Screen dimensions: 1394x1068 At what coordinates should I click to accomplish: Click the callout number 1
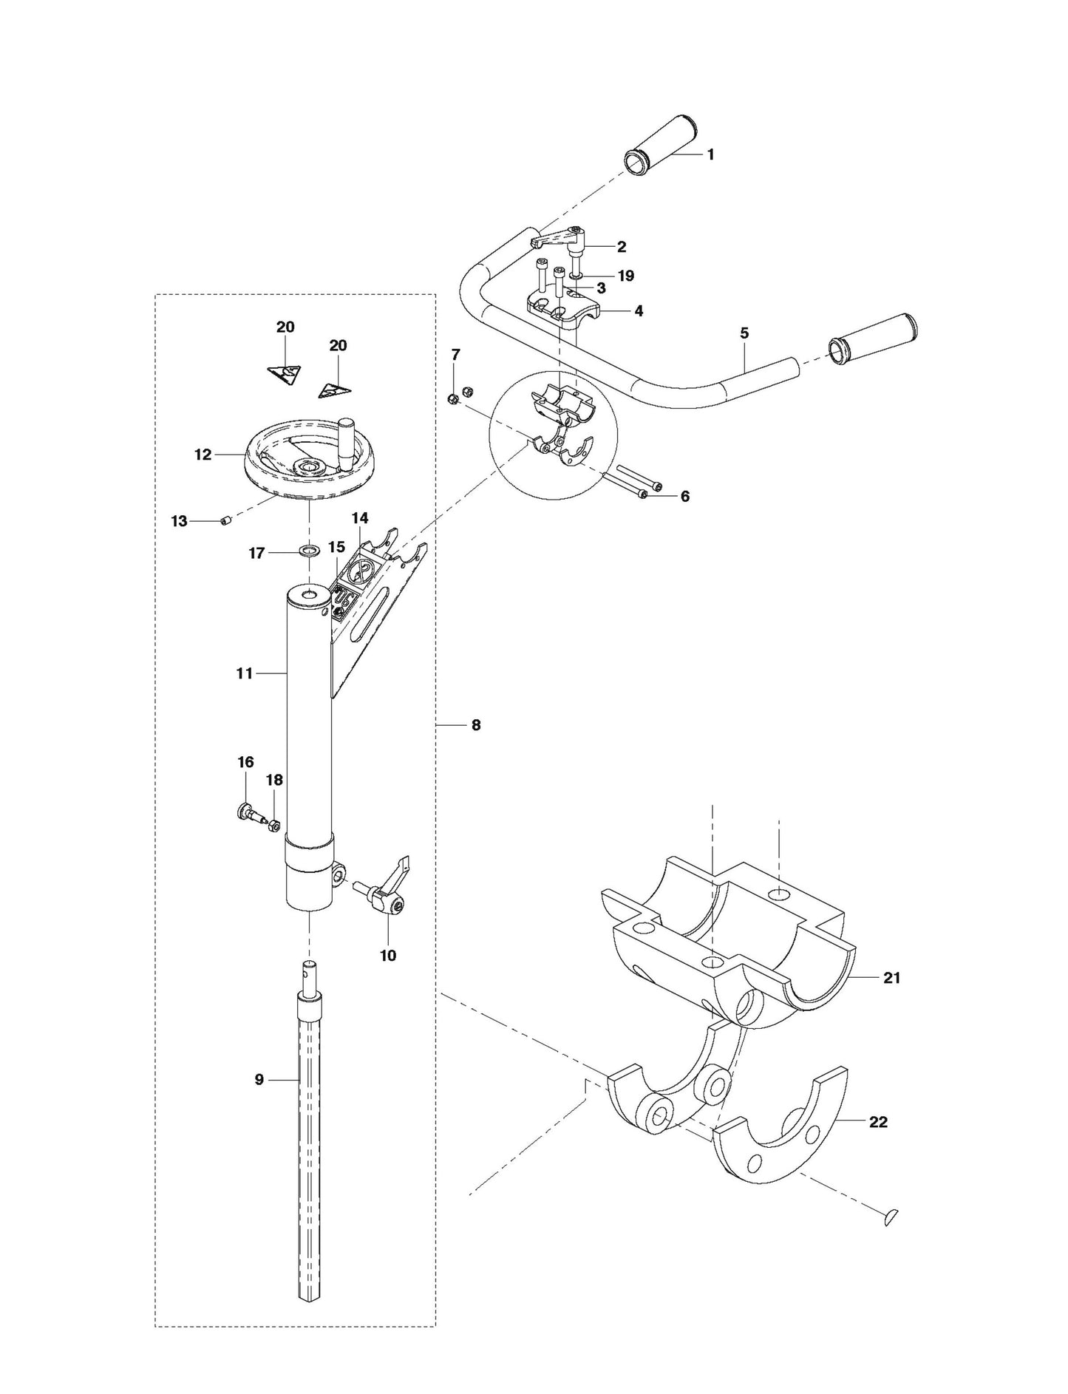[710, 155]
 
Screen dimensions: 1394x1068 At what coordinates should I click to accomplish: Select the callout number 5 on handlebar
[744, 333]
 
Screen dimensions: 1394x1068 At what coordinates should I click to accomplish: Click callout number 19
[626, 276]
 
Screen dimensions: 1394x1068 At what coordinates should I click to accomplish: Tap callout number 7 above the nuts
[455, 356]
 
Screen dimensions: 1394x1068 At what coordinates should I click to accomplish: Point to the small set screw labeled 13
[226, 522]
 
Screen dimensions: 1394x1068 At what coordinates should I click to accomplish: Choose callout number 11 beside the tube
[245, 673]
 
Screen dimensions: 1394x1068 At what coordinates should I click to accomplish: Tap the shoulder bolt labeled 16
[248, 814]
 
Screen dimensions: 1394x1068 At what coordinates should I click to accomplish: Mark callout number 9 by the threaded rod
[259, 1080]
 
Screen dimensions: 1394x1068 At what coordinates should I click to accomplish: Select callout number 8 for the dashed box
[475, 726]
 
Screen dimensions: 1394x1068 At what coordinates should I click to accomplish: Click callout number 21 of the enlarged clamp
[892, 978]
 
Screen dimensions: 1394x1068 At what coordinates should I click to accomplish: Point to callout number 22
[878, 1122]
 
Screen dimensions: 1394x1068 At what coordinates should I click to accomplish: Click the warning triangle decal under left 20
[285, 373]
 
